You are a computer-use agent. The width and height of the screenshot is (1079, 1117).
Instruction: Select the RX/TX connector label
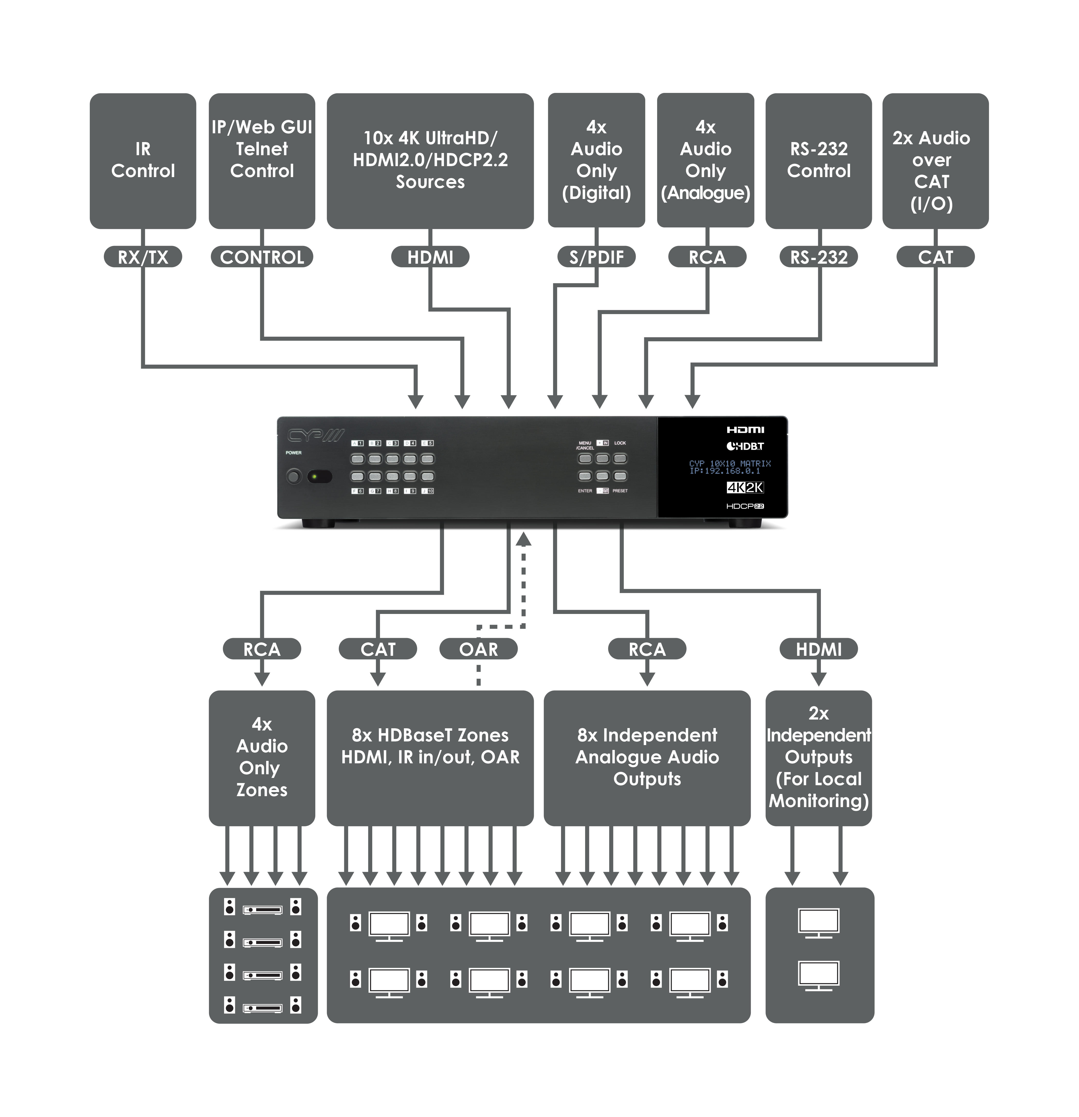coord(143,257)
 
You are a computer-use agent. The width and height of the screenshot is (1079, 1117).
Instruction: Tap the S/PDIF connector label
coord(596,257)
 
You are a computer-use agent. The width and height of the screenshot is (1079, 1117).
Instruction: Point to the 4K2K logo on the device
coord(745,487)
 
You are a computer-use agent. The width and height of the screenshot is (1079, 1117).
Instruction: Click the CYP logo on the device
coord(315,436)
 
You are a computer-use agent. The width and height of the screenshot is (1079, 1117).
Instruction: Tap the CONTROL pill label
coord(262,257)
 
